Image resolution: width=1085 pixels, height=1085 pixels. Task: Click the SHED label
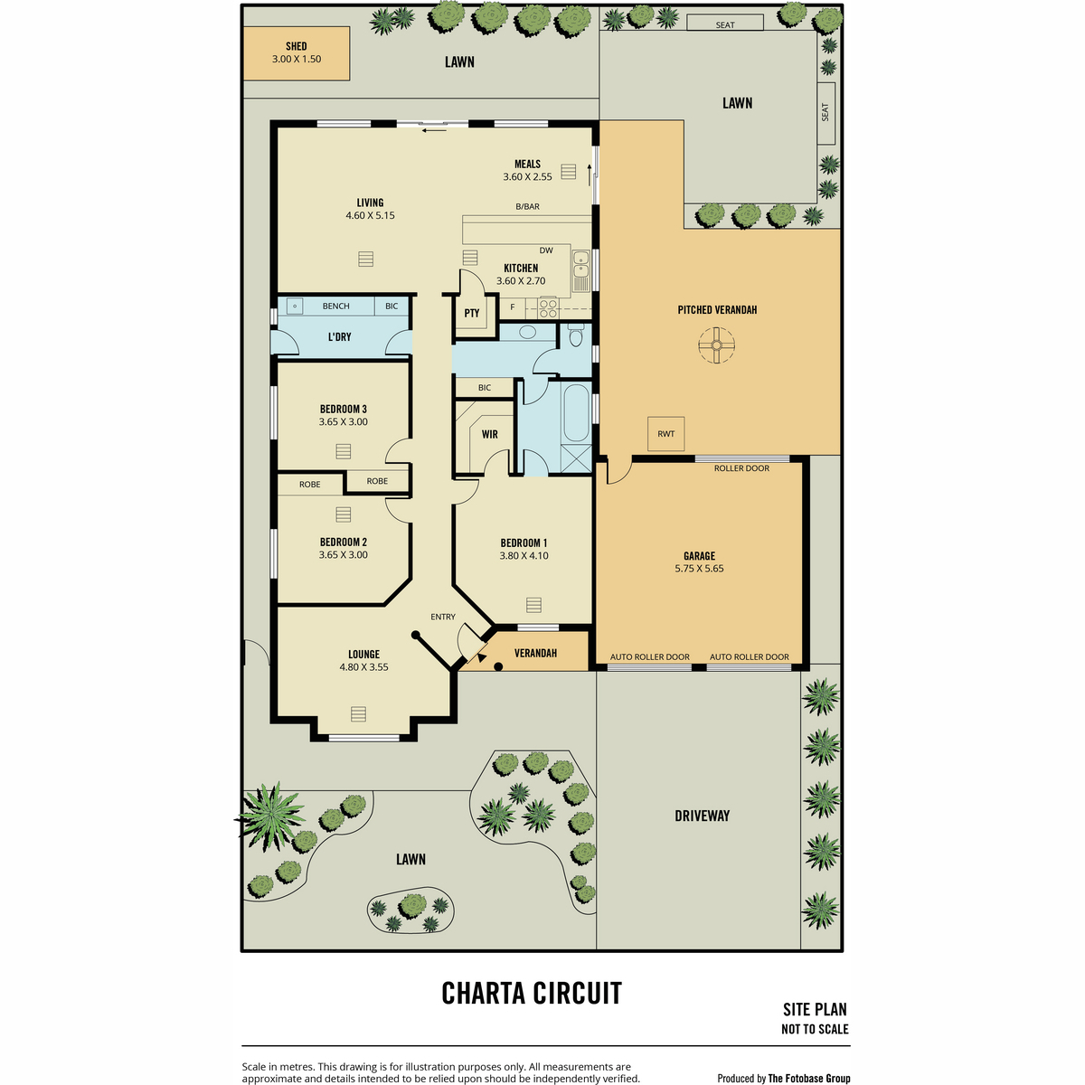(297, 46)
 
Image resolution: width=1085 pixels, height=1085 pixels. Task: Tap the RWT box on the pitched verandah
(665, 434)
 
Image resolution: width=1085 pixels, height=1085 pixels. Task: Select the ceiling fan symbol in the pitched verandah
(716, 345)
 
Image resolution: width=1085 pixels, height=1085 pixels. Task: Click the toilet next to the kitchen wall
(575, 335)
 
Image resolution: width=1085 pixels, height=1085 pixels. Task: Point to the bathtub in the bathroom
(575, 412)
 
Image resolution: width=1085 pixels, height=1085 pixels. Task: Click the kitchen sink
(580, 271)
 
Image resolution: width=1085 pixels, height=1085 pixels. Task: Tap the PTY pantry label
(472, 313)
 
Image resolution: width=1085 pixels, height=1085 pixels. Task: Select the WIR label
(490, 434)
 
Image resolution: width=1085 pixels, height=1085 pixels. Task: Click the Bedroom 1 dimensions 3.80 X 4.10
(524, 556)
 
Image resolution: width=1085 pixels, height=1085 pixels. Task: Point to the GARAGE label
(699, 556)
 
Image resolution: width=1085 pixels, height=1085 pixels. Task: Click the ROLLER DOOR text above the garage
(741, 468)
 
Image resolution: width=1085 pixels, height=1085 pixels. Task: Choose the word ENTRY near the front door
(443, 617)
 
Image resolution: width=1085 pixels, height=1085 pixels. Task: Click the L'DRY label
(340, 336)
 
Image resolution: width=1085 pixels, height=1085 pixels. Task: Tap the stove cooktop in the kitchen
(549, 308)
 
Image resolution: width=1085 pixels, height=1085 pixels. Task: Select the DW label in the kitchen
(546, 250)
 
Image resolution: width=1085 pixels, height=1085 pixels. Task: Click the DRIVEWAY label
(703, 816)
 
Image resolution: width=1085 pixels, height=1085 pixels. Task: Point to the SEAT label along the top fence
(725, 24)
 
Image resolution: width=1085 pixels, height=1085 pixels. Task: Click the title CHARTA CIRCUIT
(532, 993)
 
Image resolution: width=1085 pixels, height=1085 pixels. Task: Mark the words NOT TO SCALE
(815, 1029)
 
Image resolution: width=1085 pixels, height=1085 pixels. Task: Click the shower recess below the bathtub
(577, 458)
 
